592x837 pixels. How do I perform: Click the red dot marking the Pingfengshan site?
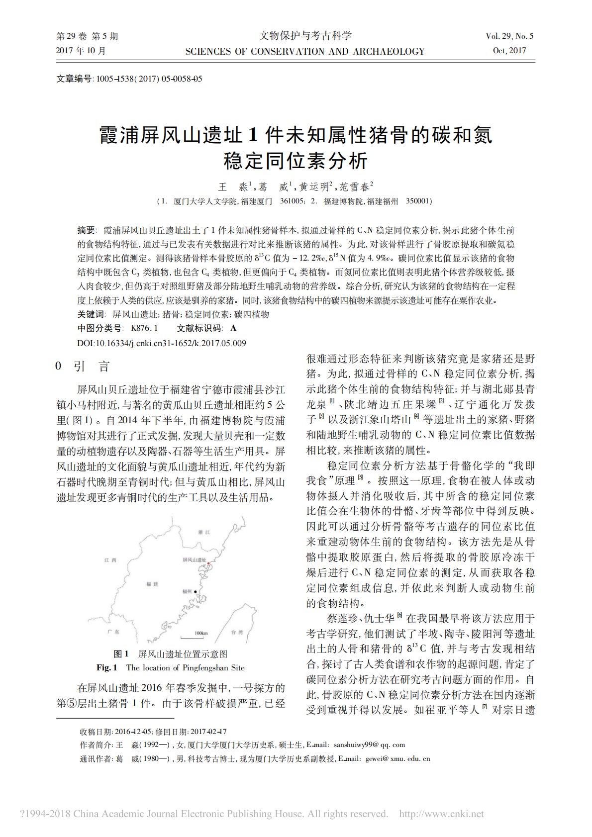point(209,562)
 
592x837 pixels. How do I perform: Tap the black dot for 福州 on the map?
point(196,591)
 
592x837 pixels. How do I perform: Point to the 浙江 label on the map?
point(204,532)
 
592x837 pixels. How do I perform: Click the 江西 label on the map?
point(110,560)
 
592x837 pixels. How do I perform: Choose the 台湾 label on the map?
point(237,632)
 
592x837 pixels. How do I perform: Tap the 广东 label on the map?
point(113,632)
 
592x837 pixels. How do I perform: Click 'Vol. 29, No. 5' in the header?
point(509,36)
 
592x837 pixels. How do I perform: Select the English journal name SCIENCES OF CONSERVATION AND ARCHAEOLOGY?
point(304,51)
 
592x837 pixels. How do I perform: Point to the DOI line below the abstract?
point(162,343)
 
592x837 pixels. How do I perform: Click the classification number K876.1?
point(144,328)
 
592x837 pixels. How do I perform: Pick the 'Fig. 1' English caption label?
point(107,667)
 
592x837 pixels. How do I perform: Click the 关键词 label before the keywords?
point(91,314)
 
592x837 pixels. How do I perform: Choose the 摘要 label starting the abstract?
point(87,230)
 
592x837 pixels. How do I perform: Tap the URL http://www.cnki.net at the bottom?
point(442,814)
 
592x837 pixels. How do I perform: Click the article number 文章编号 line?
point(129,79)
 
